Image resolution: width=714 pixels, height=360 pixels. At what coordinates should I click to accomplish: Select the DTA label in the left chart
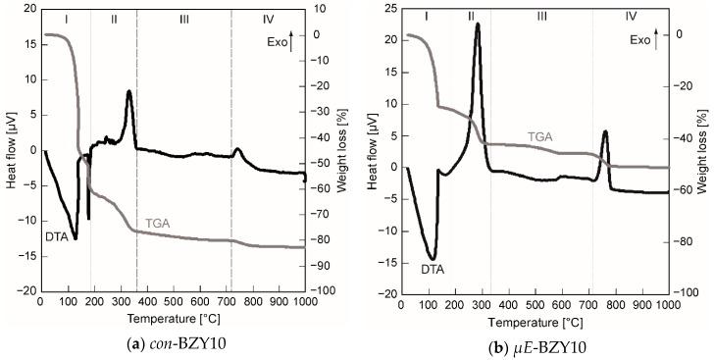[x=58, y=236]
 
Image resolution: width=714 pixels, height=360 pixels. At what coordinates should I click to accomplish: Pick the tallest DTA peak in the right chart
[x=477, y=25]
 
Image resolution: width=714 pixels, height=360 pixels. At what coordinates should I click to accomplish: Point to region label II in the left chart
[x=114, y=19]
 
